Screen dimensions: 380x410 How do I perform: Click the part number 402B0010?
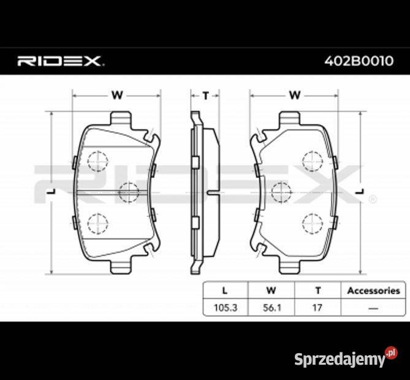point(359,61)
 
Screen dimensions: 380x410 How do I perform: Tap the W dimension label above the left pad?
point(116,95)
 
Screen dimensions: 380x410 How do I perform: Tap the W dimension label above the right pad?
point(294,95)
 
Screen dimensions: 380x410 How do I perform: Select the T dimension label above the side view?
point(206,95)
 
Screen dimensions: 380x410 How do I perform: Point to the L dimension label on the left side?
point(52,192)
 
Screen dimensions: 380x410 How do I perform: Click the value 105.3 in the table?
point(225,307)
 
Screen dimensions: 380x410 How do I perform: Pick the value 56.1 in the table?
point(270,307)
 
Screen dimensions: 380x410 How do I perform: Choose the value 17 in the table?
point(317,307)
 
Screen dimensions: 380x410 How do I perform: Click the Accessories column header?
point(373,291)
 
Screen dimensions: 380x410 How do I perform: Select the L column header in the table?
point(225,291)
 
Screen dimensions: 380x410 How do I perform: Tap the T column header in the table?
point(317,291)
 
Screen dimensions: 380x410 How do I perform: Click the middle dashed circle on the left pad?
point(129,192)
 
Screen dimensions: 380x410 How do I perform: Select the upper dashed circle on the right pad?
point(312,161)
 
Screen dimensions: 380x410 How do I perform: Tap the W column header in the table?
point(270,291)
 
